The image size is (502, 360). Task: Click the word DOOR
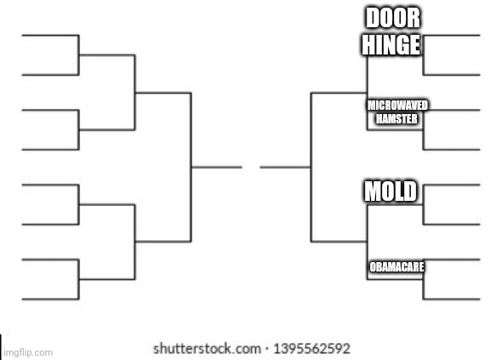pyautogui.click(x=393, y=18)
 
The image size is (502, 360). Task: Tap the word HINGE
pyautogui.click(x=391, y=44)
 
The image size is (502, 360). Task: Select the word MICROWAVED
pyautogui.click(x=397, y=106)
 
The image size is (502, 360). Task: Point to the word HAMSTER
pyautogui.click(x=396, y=119)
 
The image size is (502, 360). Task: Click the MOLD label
pyautogui.click(x=391, y=191)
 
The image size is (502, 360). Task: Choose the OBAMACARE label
pyautogui.click(x=396, y=266)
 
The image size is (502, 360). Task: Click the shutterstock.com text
pyautogui.click(x=207, y=349)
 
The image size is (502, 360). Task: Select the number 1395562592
pyautogui.click(x=311, y=349)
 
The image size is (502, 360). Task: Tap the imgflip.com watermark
pyautogui.click(x=28, y=352)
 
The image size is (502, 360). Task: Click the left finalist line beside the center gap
pyautogui.click(x=217, y=167)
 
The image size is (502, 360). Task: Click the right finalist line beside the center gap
pyautogui.click(x=285, y=167)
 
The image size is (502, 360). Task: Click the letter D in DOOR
pyautogui.click(x=372, y=18)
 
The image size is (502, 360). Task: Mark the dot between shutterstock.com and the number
pyautogui.click(x=267, y=350)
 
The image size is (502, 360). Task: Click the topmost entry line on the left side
pyautogui.click(x=50, y=35)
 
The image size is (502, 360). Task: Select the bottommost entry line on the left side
pyautogui.click(x=50, y=300)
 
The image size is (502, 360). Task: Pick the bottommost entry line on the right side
pyautogui.click(x=452, y=300)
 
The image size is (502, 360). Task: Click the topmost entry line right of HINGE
pyautogui.click(x=452, y=35)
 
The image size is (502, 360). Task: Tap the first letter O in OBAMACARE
pyautogui.click(x=373, y=266)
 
